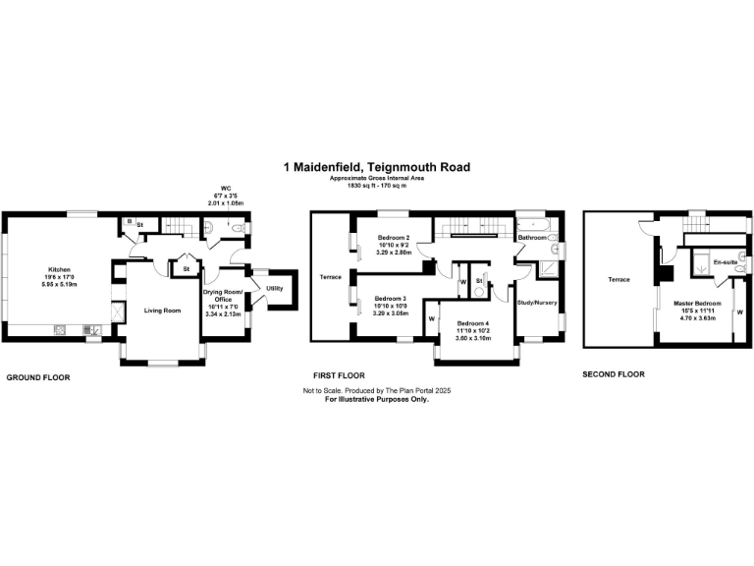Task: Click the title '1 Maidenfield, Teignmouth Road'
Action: [376, 167]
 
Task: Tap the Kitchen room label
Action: [60, 268]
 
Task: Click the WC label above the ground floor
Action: [226, 188]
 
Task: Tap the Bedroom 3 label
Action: [390, 299]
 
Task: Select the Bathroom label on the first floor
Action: [532, 238]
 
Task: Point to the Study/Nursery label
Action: [537, 303]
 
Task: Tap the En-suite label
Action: [726, 262]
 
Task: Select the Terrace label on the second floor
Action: [619, 280]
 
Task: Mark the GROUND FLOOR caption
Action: [38, 377]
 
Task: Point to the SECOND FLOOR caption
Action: [614, 374]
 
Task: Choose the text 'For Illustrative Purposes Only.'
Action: [376, 400]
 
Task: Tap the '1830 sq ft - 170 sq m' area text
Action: [376, 186]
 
